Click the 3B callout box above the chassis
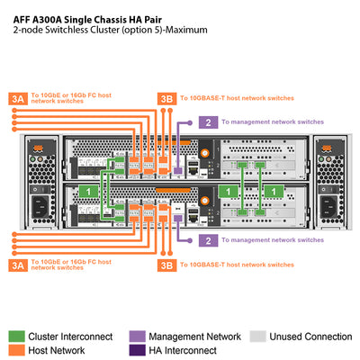coord(166,98)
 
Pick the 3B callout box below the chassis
coord(166,265)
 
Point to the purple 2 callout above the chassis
coord(208,121)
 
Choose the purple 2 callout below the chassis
coord(208,240)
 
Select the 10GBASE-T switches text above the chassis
coord(237,98)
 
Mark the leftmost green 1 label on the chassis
coord(88,191)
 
